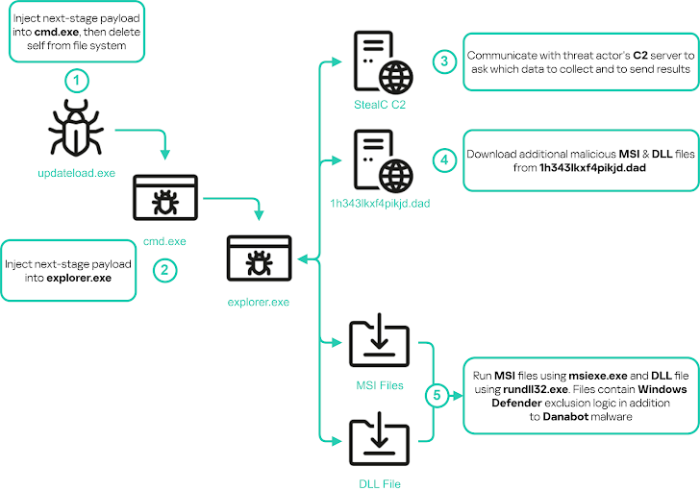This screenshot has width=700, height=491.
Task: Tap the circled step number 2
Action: [x=164, y=270]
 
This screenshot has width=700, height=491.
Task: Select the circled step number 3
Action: [x=444, y=62]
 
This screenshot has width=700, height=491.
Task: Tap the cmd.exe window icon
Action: [x=164, y=198]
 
